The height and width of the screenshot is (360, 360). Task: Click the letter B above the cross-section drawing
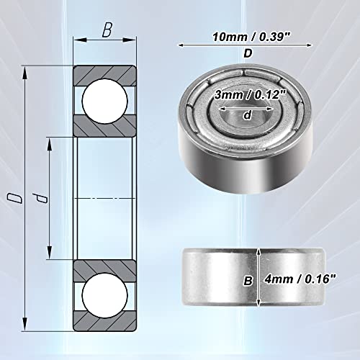click(107, 30)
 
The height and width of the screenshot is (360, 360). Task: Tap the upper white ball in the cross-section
click(104, 101)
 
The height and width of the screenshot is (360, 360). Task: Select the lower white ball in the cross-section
click(104, 294)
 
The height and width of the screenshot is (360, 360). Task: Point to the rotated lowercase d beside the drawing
click(40, 198)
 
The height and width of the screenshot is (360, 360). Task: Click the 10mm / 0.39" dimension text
click(252, 37)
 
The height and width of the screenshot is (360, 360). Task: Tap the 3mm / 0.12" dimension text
click(251, 95)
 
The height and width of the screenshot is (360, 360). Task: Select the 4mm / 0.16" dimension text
click(300, 279)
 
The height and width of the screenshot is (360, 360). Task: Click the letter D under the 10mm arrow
click(248, 53)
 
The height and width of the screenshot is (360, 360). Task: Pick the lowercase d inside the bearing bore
click(247, 115)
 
